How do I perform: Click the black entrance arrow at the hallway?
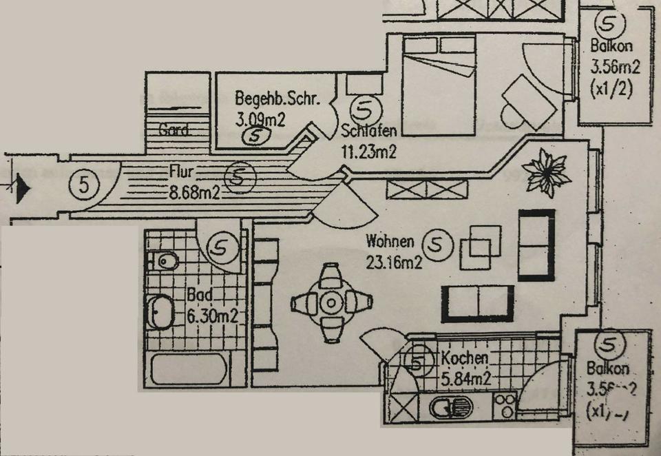click(23, 186)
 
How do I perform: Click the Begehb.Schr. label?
click(277, 99)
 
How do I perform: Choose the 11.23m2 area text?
click(369, 153)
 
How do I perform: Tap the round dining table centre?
click(331, 302)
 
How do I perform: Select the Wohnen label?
click(390, 242)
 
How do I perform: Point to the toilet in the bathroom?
click(164, 261)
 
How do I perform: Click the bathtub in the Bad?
click(188, 369)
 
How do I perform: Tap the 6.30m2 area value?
click(212, 317)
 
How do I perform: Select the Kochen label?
click(465, 358)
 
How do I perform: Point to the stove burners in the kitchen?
click(505, 406)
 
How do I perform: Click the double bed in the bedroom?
click(439, 86)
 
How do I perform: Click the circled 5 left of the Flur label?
click(84, 184)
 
